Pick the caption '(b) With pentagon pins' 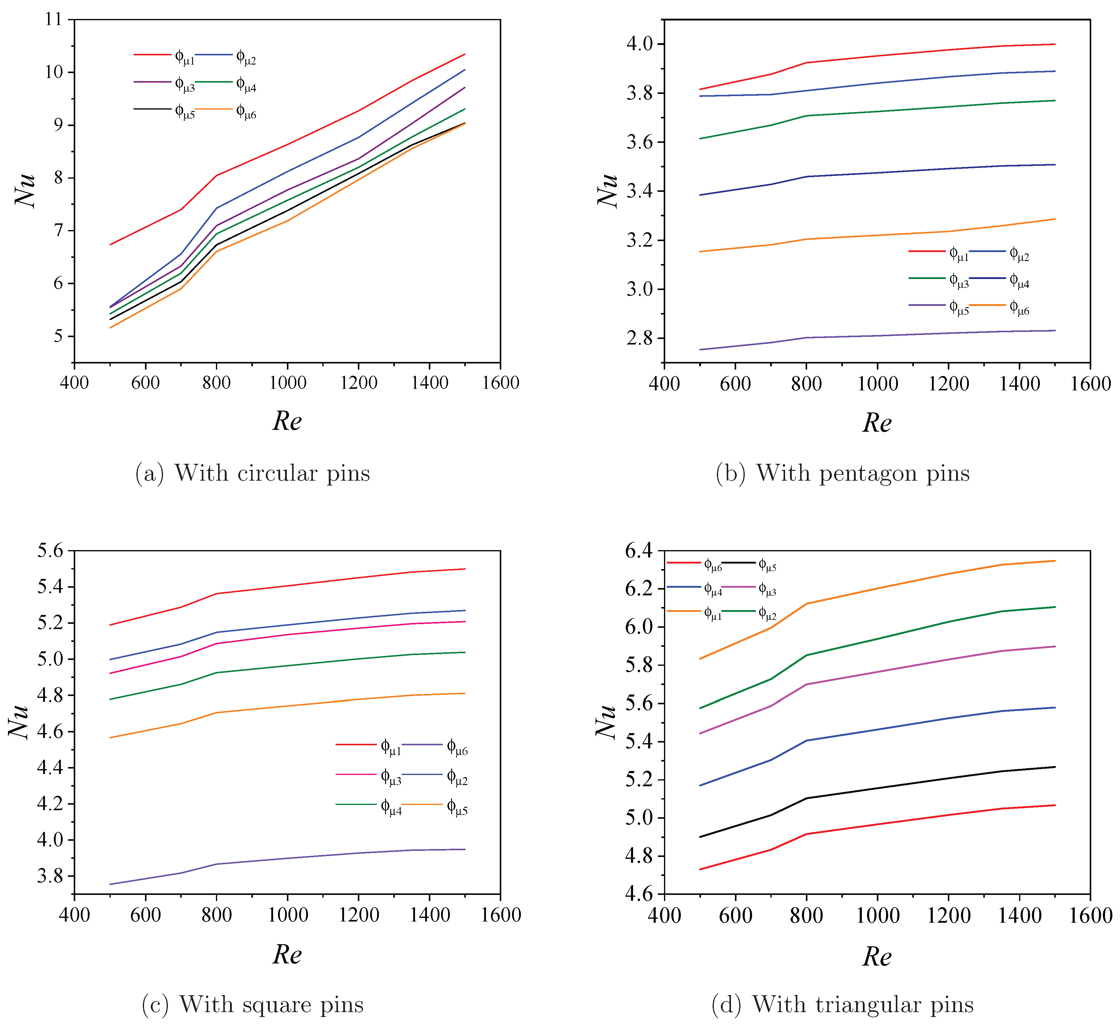(843, 473)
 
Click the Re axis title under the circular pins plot (287, 421)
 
